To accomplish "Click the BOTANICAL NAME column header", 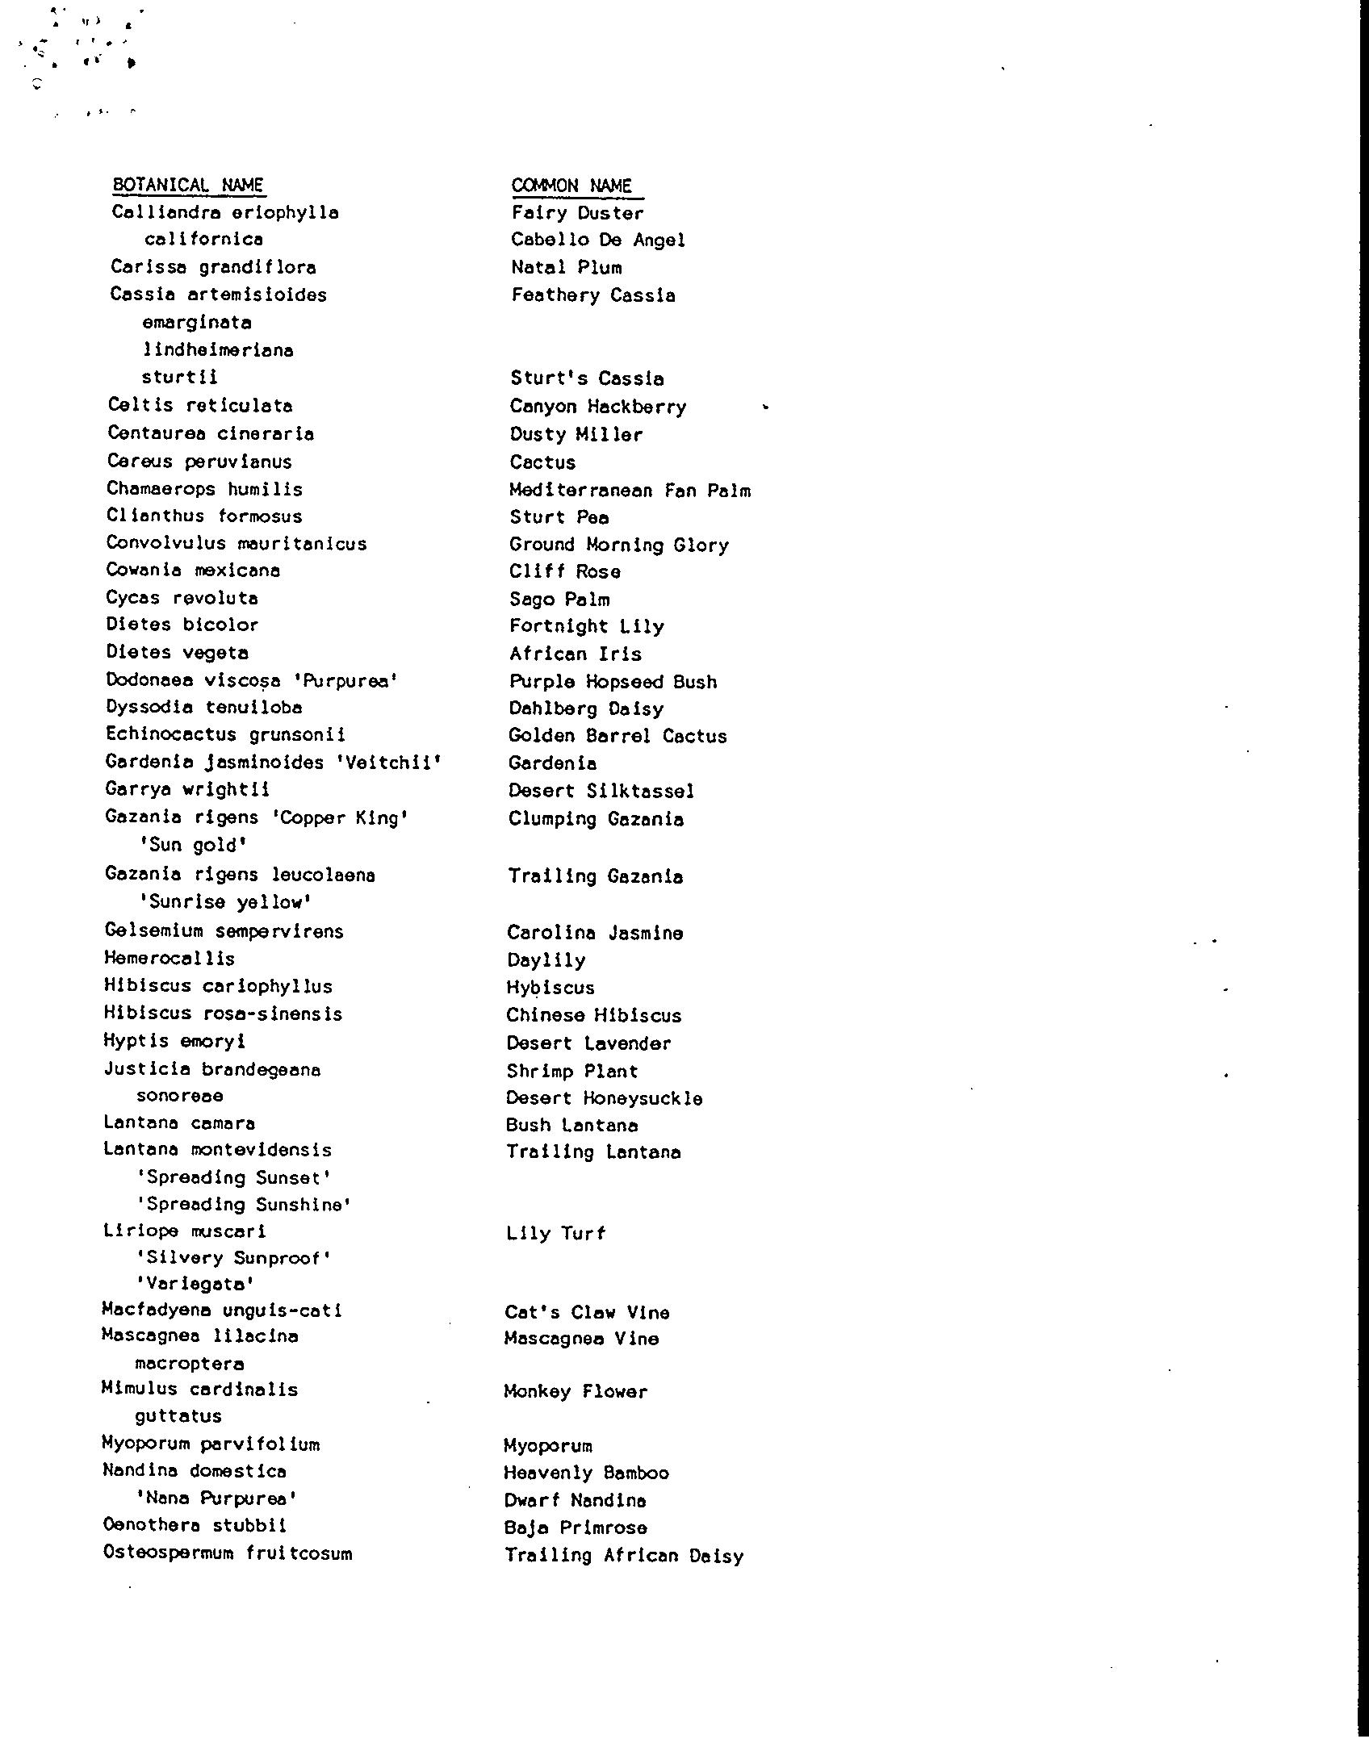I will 188,185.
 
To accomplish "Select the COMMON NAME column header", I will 572,186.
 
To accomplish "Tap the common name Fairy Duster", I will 577,213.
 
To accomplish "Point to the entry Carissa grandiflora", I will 213,267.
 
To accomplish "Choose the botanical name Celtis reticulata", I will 200,405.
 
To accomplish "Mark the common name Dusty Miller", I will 576,434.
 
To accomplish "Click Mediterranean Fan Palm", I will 630,490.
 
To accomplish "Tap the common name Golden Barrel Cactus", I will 618,735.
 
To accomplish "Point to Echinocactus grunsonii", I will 225,734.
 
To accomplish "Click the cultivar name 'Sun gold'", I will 192,845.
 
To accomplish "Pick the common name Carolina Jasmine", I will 595,932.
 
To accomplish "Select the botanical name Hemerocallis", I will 170,959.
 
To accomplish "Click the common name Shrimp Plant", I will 571,1071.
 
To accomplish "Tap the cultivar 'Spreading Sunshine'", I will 244,1204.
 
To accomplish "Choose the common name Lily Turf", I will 555,1232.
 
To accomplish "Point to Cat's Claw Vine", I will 587,1312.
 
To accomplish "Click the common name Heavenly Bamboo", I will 586,1473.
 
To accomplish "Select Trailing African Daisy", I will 624,1555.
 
